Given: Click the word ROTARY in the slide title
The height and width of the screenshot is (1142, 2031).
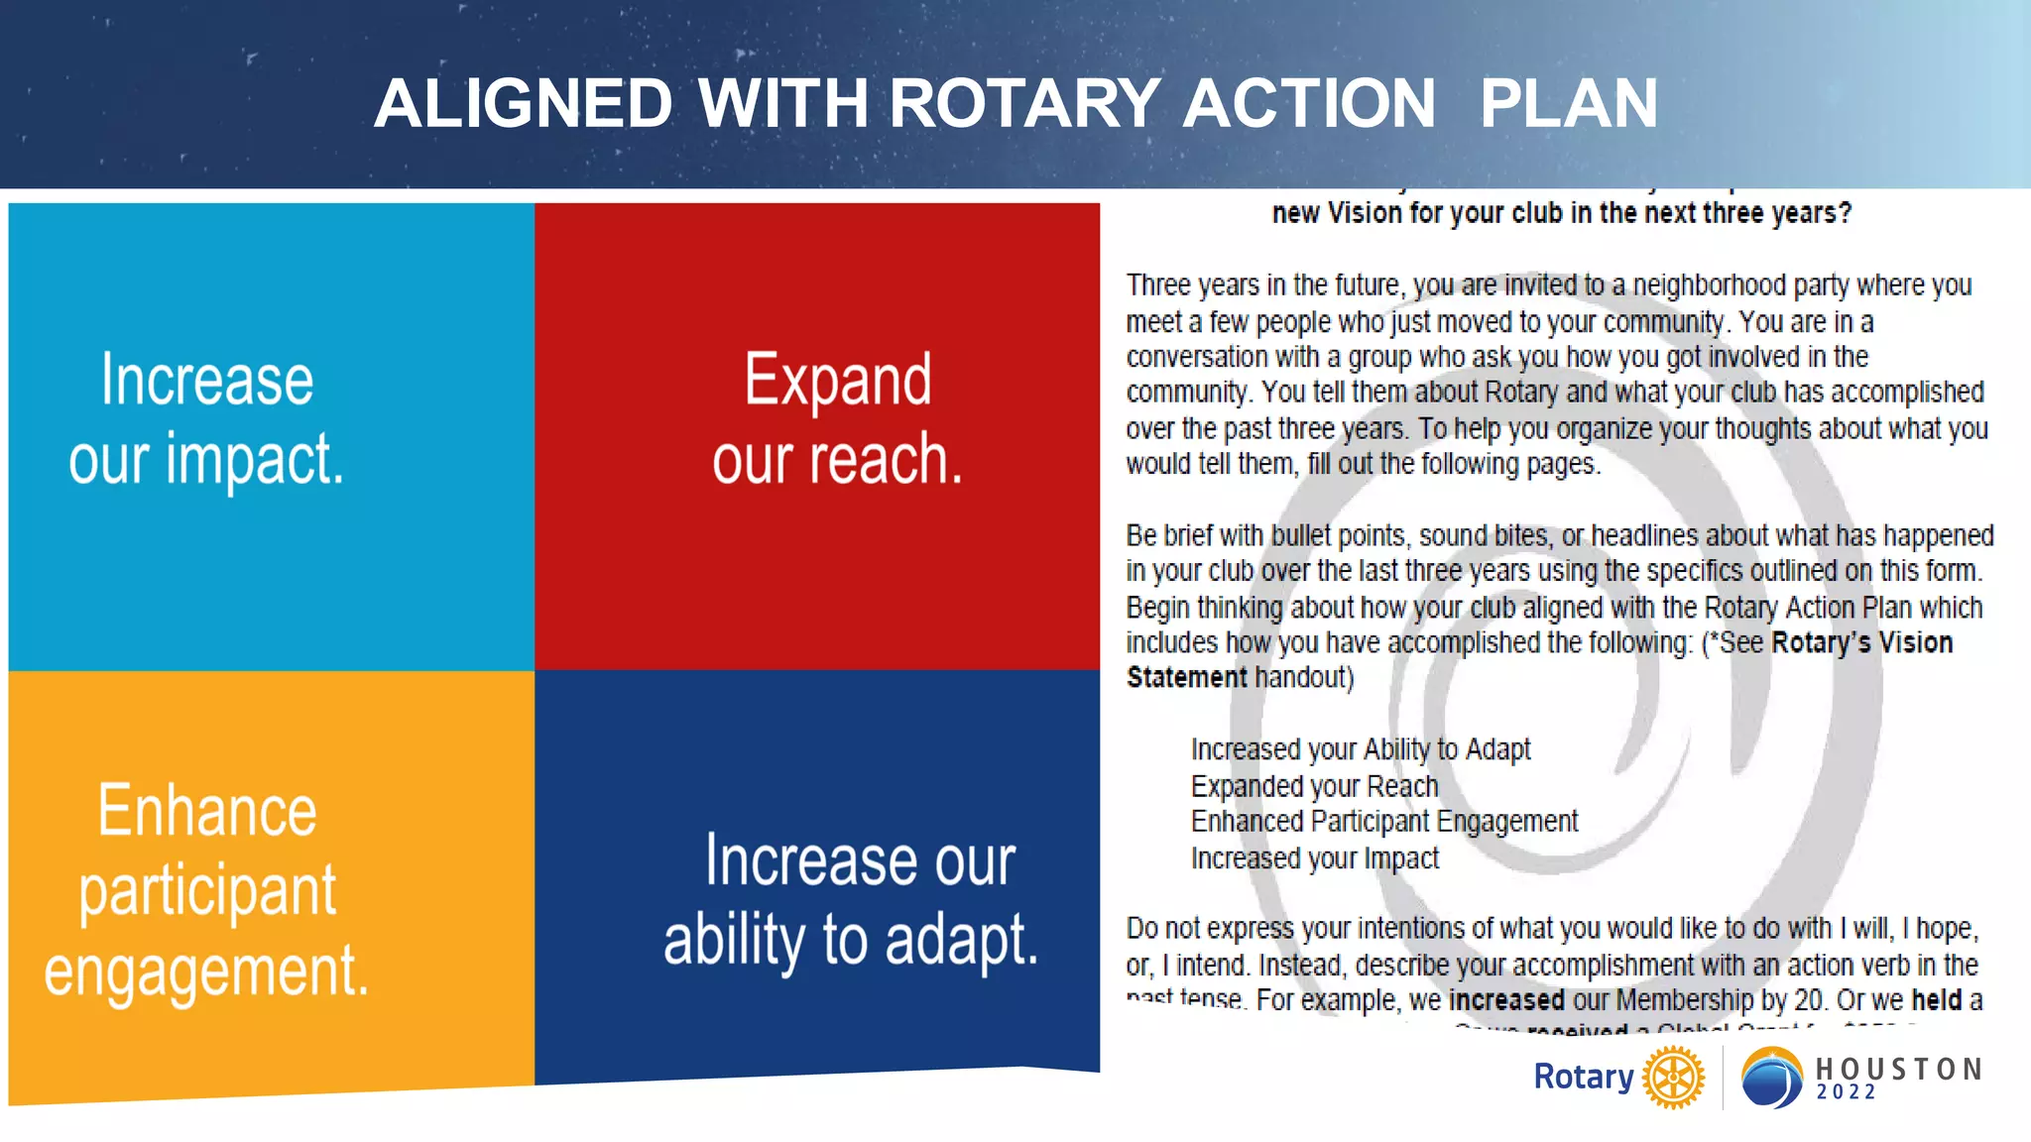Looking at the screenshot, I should (1023, 104).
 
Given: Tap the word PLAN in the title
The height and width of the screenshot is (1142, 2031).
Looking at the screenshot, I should (1568, 104).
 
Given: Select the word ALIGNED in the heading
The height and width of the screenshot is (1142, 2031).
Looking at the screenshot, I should (524, 104).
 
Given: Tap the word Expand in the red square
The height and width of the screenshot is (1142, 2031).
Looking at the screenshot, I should (838, 381).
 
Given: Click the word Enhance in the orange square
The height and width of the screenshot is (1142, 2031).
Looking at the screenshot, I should (207, 811).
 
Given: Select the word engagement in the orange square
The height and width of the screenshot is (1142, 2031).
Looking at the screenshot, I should (206, 971).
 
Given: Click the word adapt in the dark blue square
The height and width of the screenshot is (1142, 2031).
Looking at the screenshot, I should (961, 940).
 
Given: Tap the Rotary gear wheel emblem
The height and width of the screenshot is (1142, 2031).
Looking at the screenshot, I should (1673, 1077).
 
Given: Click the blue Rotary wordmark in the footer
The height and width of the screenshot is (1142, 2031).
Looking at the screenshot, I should (1584, 1077).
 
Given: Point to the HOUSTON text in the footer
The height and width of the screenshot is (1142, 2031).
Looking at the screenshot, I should (1898, 1069).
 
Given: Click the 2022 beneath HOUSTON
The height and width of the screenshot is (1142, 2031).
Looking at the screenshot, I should (1847, 1092).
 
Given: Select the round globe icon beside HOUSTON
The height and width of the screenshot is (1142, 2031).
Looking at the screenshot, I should (1771, 1077).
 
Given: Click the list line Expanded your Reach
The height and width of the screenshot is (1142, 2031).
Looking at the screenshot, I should (1314, 786).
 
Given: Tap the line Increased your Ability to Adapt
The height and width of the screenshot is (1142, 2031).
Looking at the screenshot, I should (1360, 749).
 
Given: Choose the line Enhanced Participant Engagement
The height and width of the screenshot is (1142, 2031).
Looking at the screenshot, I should (1383, 822).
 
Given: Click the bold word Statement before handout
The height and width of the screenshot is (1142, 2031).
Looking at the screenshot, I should (1186, 678).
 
